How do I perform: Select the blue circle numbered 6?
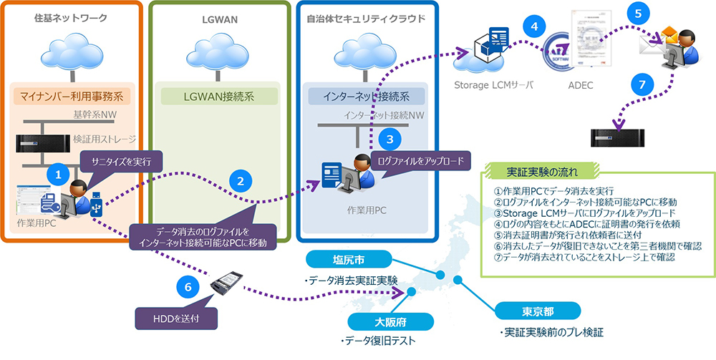188,286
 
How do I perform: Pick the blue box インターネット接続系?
366,95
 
